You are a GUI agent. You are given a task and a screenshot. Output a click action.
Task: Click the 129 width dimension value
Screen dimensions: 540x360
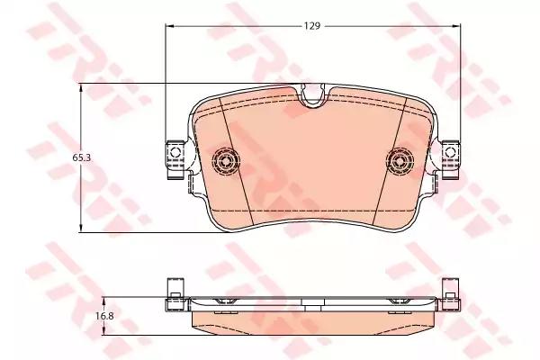pyautogui.click(x=312, y=26)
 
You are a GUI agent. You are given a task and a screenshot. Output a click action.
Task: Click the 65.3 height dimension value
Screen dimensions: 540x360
pyautogui.click(x=81, y=157)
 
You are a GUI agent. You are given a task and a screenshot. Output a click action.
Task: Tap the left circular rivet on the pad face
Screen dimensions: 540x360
pyautogui.click(x=226, y=160)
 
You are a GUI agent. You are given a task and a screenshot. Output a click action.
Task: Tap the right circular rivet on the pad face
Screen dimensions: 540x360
pyautogui.click(x=400, y=160)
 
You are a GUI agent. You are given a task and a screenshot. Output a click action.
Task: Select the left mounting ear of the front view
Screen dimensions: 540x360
pyautogui.click(x=175, y=159)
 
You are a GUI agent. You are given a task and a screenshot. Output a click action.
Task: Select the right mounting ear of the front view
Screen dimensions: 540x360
pyautogui.click(x=451, y=159)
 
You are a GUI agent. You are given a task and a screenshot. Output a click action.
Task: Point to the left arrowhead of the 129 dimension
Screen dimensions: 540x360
pyautogui.click(x=169, y=26)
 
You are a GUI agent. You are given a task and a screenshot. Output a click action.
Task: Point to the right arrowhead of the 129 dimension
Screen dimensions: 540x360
pyautogui.click(x=457, y=26)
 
